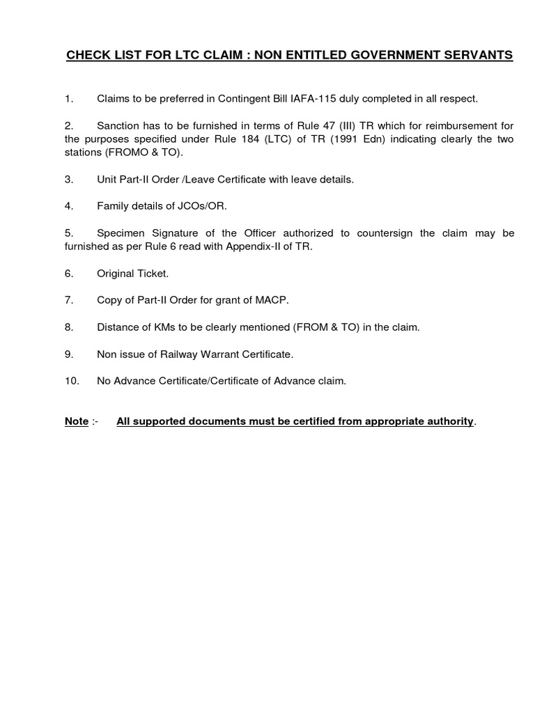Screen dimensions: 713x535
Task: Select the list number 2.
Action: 68,126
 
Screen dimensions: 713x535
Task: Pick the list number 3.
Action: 68,180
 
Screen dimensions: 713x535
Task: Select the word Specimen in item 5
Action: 121,233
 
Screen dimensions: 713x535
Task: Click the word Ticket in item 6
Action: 153,274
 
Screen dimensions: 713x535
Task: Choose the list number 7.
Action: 68,300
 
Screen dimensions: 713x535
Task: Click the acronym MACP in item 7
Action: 272,300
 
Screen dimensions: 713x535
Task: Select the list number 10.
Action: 71,381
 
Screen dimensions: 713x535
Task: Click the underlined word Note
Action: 77,422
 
